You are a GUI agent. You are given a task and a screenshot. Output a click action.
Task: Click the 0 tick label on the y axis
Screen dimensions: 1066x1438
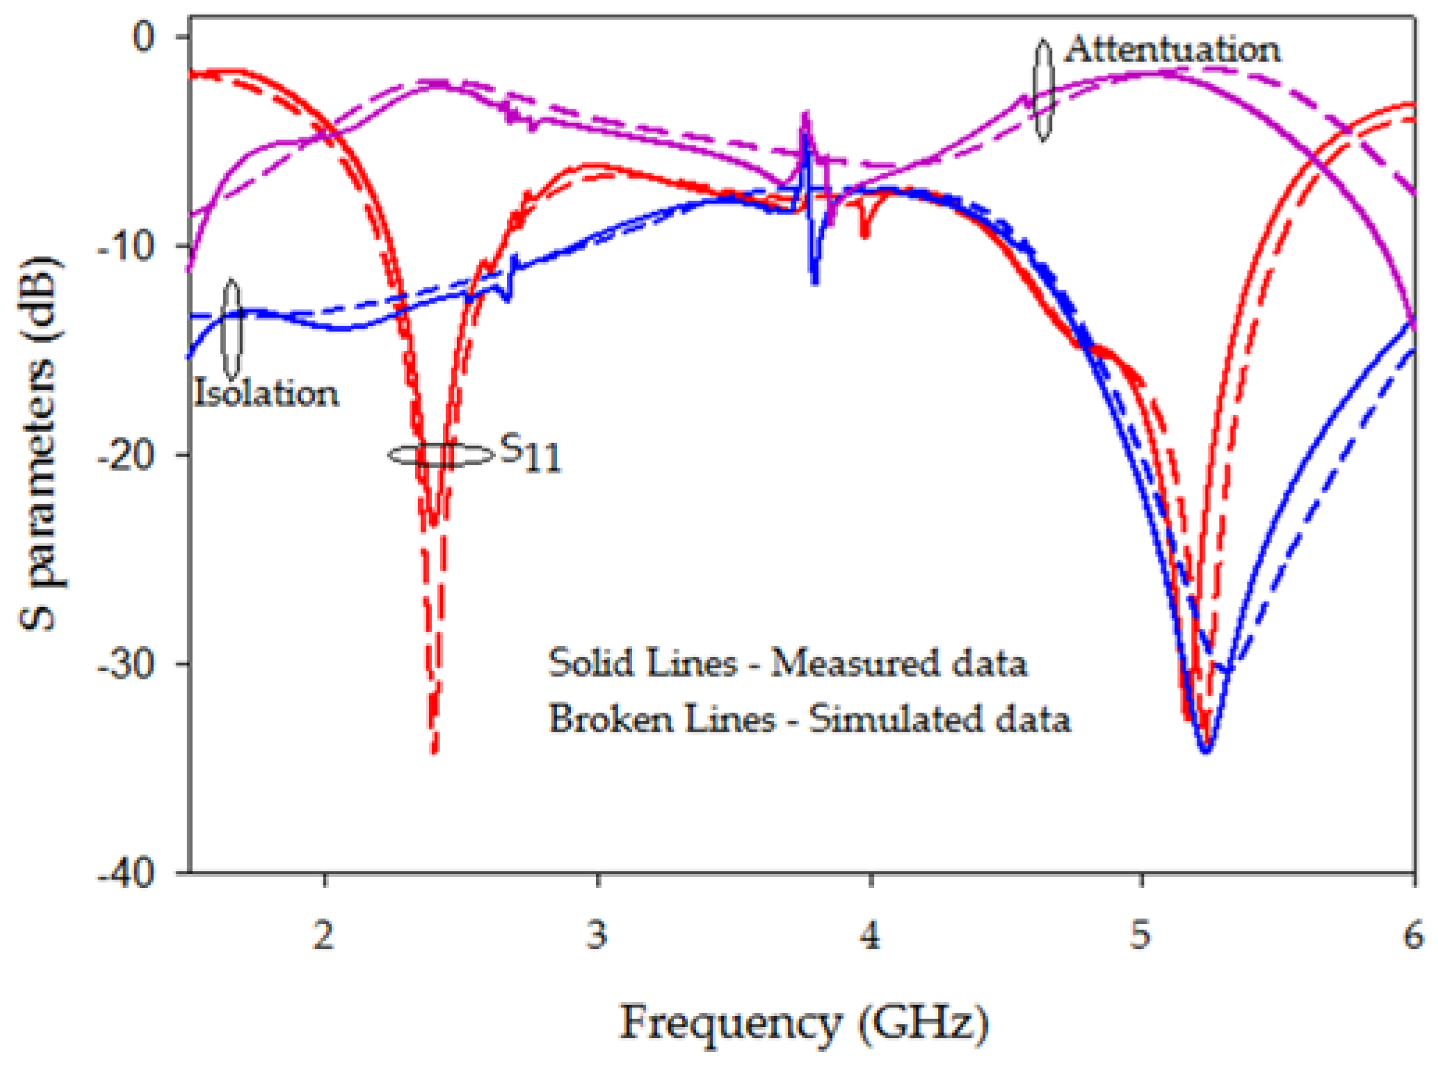(144, 36)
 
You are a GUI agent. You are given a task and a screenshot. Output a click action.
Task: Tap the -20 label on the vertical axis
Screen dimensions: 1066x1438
(125, 455)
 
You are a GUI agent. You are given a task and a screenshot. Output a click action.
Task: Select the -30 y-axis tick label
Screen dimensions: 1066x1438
(125, 664)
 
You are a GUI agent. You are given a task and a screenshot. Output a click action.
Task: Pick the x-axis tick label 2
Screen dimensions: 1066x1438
(323, 935)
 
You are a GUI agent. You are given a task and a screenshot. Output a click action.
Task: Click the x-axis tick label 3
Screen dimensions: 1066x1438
(597, 935)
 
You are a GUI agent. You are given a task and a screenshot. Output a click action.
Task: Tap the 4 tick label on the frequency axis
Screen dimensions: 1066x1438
(870, 935)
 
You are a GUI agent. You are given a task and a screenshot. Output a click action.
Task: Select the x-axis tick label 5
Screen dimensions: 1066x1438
(1140, 935)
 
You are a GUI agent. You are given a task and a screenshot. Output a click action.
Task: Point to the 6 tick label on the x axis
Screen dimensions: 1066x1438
(1412, 935)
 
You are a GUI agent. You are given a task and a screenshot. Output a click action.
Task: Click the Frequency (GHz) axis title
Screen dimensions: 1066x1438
(803, 1024)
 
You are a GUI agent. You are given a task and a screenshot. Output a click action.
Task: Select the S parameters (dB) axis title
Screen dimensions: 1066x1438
(39, 445)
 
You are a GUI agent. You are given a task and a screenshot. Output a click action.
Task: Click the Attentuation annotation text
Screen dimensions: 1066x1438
(1172, 50)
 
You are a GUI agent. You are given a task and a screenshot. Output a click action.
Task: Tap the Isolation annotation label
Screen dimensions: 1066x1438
(266, 394)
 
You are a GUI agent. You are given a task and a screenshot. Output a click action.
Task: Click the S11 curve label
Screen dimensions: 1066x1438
(531, 453)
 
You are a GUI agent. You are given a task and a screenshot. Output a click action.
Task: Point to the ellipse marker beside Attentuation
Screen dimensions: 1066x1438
(1042, 90)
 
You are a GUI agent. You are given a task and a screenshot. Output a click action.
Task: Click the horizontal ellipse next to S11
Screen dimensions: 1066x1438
(440, 455)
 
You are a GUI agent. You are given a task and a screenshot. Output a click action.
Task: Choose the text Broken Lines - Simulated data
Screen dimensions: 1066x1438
(809, 719)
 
